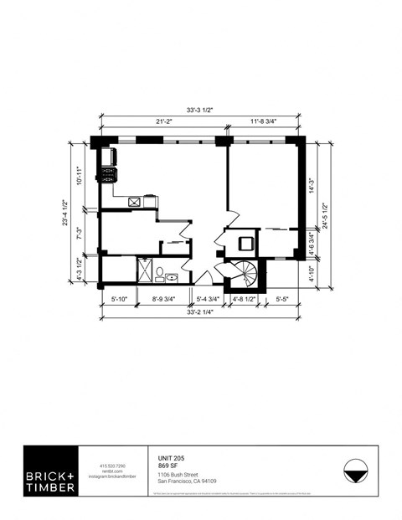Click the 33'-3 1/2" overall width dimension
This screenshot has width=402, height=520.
[201, 108]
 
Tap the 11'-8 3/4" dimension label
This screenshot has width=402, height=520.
[265, 121]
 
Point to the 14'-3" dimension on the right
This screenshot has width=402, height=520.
[312, 186]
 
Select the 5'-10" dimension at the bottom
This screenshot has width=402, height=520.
[118, 298]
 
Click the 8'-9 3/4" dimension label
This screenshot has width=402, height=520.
[164, 298]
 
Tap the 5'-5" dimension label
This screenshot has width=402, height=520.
[284, 298]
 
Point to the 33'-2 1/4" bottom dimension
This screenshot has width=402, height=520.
[200, 311]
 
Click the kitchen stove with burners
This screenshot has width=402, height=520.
[109, 175]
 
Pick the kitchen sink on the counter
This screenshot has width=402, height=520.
[134, 202]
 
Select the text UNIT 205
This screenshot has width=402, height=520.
[172, 458]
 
